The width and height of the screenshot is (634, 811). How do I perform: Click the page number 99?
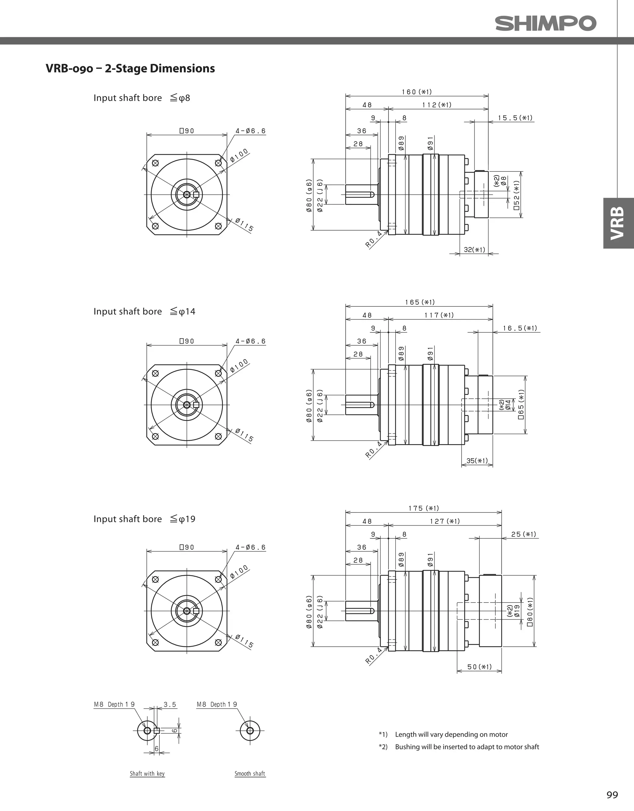click(612, 795)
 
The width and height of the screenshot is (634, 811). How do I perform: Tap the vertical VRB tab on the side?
click(618, 223)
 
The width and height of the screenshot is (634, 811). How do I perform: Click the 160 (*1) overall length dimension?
click(417, 92)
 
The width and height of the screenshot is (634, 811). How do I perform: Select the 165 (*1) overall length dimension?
click(420, 302)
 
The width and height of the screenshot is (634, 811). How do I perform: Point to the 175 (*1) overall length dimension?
click(424, 508)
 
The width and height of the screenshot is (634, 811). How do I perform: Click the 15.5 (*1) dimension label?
click(515, 118)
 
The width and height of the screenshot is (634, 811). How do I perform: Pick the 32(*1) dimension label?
click(474, 249)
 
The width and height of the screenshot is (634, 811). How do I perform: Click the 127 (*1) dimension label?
click(445, 521)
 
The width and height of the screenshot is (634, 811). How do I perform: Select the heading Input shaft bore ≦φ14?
click(144, 311)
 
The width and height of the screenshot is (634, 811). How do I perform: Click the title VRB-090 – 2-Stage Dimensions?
click(130, 68)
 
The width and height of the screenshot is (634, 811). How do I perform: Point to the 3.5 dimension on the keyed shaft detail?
click(170, 705)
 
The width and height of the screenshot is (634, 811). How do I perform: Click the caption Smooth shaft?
click(250, 774)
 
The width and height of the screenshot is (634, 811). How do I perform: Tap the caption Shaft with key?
click(147, 774)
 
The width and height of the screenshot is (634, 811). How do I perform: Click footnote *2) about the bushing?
click(459, 747)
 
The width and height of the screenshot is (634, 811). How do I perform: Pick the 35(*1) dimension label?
click(477, 461)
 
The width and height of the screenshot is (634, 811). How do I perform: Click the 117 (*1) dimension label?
click(439, 315)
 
